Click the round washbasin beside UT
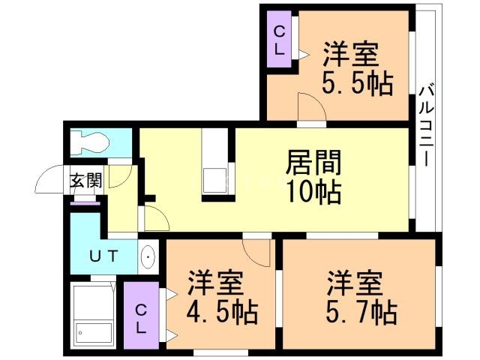(148, 257)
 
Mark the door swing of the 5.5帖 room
(309, 106)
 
